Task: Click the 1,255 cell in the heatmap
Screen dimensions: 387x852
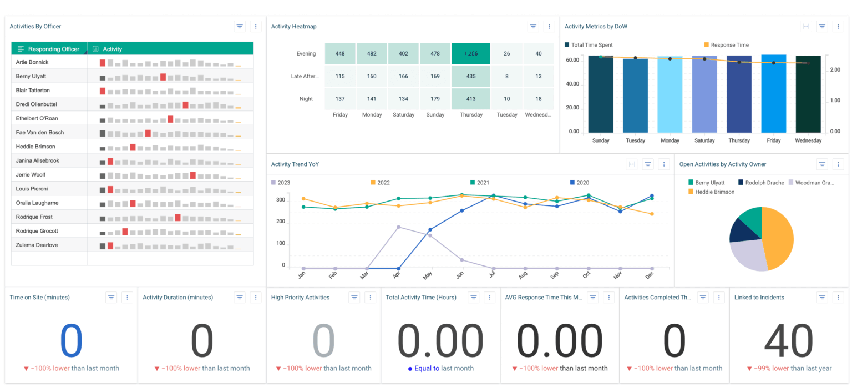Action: [x=470, y=54]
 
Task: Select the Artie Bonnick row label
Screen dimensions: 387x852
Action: [x=32, y=62]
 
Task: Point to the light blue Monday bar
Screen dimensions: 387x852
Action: [x=670, y=94]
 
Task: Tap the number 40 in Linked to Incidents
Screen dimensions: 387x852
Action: [x=789, y=341]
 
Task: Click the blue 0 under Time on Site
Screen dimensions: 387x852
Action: [x=71, y=341]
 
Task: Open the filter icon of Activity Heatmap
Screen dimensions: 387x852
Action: [x=533, y=26]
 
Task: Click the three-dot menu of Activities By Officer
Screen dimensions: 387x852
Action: [x=256, y=26]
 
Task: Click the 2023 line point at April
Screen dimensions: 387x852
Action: [x=398, y=227]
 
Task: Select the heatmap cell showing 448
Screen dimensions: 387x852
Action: [x=340, y=54]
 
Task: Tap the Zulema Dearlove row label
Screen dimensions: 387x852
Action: [x=37, y=245]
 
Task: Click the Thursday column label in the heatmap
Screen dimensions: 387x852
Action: [x=470, y=115]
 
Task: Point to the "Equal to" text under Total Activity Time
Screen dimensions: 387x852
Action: [x=427, y=368]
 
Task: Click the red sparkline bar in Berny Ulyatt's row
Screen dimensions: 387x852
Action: [x=163, y=77]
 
